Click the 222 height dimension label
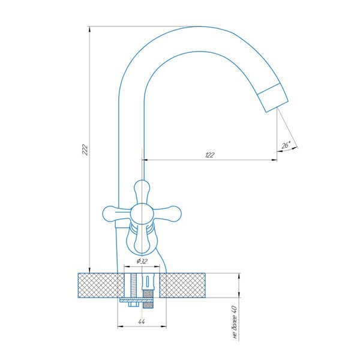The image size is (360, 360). (85, 149)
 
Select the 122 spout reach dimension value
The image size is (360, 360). (209, 155)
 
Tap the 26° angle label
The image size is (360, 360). (286, 145)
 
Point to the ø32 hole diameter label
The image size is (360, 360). (142, 261)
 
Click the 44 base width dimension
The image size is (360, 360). (142, 322)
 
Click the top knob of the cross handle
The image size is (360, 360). (142, 191)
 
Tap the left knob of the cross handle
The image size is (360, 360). (116, 214)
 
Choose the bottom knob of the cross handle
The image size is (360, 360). (142, 242)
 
